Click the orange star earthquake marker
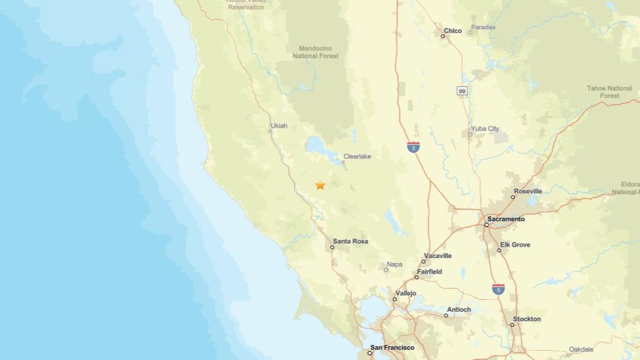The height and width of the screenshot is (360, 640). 320,185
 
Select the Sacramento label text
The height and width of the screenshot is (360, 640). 506,219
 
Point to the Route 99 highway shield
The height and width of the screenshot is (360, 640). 461,91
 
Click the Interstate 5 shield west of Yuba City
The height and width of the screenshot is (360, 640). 413,147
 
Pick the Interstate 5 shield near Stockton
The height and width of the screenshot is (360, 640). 498,289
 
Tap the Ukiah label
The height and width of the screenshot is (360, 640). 279,126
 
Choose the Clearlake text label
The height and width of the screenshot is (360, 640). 357,157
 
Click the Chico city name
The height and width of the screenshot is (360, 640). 452,31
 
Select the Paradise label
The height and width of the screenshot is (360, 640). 483,27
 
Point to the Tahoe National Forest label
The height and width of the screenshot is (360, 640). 609,92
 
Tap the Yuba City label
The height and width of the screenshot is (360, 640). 485,129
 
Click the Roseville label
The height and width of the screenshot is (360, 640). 529,191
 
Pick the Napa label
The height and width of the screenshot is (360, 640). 395,265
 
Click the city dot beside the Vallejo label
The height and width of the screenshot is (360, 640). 395,299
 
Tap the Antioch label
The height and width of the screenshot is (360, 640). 459,309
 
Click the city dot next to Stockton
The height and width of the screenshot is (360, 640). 512,325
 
